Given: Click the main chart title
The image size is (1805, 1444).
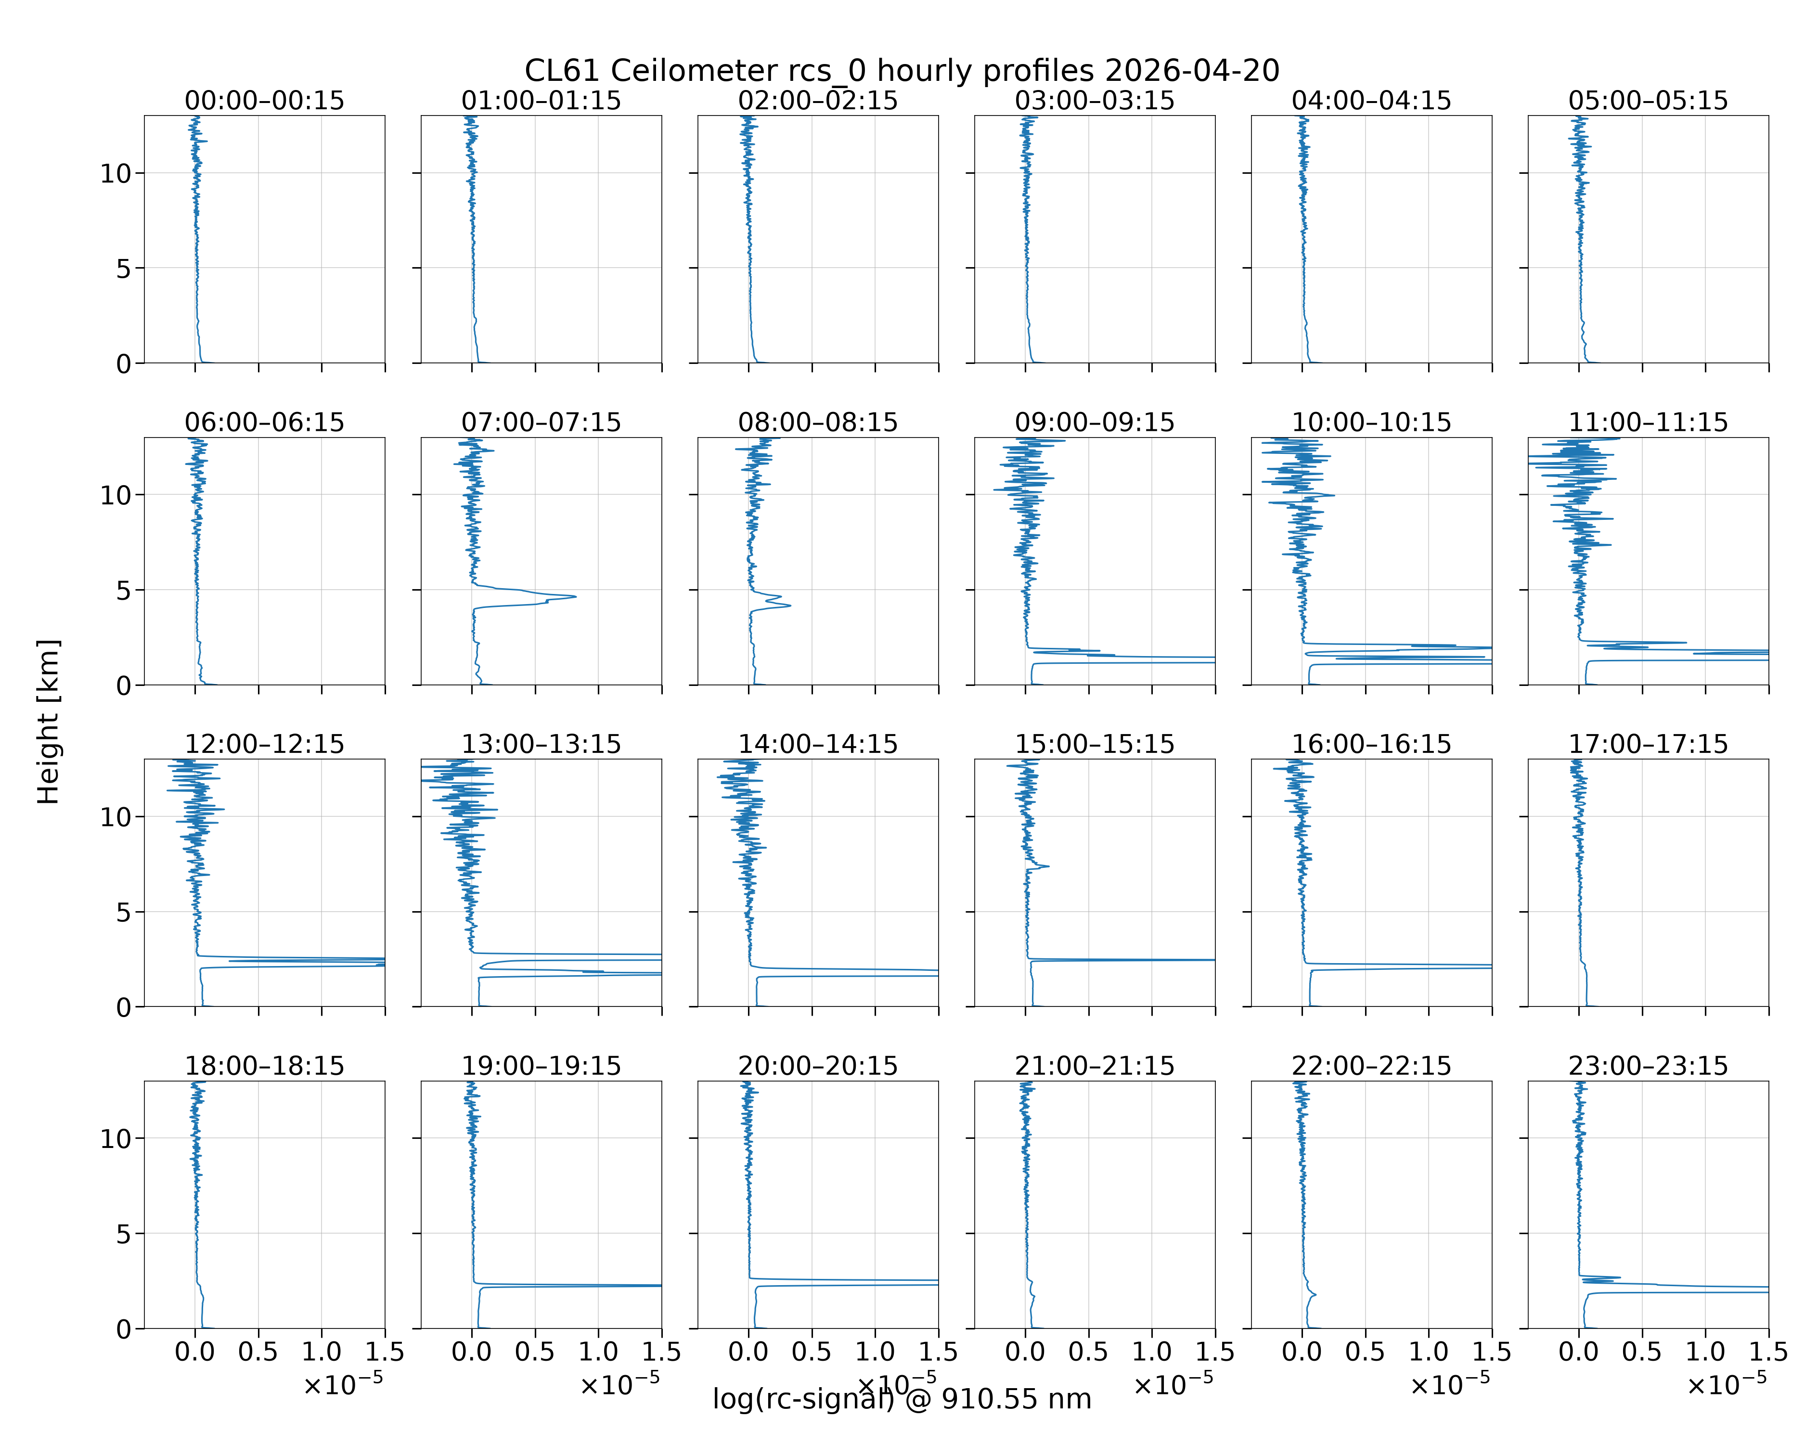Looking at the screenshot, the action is (x=902, y=71).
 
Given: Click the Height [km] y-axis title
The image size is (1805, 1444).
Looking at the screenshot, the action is (x=49, y=722).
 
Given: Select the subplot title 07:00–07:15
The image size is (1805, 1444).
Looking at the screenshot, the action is (x=541, y=422).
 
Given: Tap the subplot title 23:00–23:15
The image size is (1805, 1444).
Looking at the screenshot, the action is (x=1648, y=1066).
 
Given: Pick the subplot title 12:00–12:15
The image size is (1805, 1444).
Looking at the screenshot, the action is (x=265, y=744).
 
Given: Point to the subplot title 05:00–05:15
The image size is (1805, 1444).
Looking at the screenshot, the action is (x=1648, y=101).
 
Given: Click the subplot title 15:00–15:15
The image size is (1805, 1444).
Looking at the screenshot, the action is (x=1094, y=744).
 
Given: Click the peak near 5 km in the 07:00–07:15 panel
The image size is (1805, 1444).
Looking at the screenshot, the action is (x=574, y=597).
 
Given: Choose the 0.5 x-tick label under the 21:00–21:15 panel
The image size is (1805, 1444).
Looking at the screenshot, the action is (x=1088, y=1352).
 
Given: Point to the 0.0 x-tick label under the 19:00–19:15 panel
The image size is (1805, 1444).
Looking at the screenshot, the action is (x=471, y=1352).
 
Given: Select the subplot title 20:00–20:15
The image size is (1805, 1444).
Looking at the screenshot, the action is (x=818, y=1066).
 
